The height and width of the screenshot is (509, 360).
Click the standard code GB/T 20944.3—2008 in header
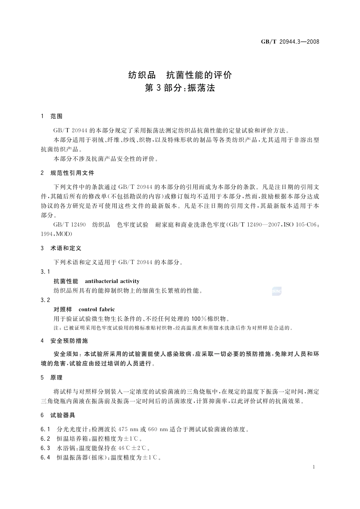(x=290, y=42)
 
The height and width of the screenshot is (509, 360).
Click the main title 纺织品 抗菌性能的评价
(x=180, y=75)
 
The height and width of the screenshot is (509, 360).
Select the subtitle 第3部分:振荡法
(x=180, y=88)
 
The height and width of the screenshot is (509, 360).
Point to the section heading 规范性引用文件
(x=72, y=173)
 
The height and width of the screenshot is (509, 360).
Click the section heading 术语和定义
(x=66, y=248)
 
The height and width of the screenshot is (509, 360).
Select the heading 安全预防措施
(x=69, y=340)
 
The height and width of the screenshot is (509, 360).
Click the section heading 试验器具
(x=63, y=415)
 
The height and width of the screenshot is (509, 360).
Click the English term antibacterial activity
(x=112, y=281)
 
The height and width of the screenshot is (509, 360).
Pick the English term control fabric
(x=97, y=309)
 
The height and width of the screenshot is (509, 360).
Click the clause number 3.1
(x=45, y=272)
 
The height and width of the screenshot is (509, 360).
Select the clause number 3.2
(x=45, y=300)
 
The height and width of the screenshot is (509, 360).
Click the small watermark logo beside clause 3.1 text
(x=277, y=291)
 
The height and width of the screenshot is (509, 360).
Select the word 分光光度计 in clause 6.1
(x=74, y=429)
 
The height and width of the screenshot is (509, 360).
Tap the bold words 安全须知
(x=66, y=354)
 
